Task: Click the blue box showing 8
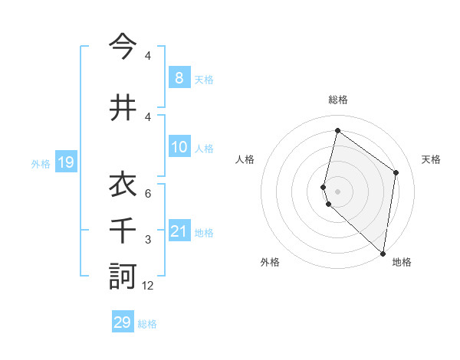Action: coord(179,78)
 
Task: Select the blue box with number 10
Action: coord(179,147)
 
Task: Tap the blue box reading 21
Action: coord(179,231)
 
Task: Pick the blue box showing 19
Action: coord(65,162)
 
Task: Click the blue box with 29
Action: coord(123,322)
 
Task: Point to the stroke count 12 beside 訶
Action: coord(148,286)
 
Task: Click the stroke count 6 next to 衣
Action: coord(147,194)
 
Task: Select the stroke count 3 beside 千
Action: coord(147,240)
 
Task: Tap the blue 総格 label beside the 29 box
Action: coord(147,324)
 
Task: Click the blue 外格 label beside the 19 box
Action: coord(40,163)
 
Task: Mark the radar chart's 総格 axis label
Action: coord(337,100)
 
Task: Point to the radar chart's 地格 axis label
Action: coord(402,262)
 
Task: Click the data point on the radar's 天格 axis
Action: coord(396,172)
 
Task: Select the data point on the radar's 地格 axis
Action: coord(383,253)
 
